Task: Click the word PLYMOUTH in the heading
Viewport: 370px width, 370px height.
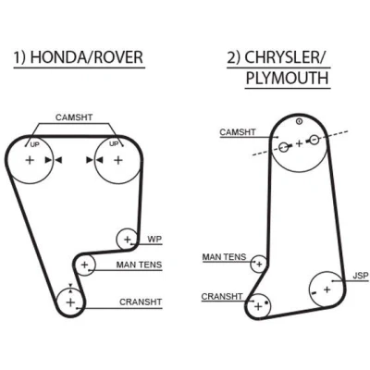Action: point(288,78)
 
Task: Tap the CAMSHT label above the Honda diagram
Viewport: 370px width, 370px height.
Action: point(74,117)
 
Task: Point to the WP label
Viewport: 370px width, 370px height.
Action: point(154,239)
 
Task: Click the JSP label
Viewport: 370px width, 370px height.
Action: point(361,276)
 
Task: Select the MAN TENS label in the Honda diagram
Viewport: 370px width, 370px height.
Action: point(139,265)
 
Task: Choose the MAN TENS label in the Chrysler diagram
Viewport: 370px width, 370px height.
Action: point(224,257)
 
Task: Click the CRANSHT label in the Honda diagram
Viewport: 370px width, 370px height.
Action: point(141,302)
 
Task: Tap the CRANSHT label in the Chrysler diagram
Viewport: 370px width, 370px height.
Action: point(222,297)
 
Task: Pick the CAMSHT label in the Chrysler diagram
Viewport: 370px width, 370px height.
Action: point(238,132)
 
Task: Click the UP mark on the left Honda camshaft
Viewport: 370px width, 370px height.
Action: point(35,144)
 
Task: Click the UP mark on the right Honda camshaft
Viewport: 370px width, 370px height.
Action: point(114,143)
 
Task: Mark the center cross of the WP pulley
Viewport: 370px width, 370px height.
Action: point(128,240)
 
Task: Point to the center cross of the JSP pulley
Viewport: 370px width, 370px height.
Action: point(327,290)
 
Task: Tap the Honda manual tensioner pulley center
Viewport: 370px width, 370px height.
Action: point(84,265)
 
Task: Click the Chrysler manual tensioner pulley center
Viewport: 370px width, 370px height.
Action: point(259,265)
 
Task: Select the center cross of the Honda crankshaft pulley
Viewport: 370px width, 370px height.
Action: point(70,302)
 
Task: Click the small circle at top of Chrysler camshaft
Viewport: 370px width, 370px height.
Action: point(299,121)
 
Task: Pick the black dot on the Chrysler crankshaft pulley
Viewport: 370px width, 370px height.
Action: point(266,303)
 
